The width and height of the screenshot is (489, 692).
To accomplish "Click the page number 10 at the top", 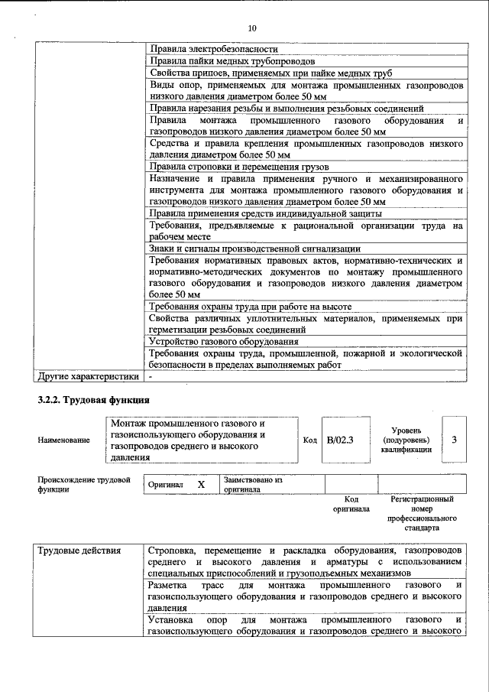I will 252,28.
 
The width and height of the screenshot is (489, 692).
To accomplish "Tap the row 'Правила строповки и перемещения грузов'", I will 239,166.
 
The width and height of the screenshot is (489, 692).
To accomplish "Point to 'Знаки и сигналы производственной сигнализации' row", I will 255,248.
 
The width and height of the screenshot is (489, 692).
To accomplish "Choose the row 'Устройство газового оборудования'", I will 224,341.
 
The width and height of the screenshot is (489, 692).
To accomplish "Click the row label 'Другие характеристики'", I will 89,376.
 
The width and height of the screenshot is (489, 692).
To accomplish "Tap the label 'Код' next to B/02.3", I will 309,440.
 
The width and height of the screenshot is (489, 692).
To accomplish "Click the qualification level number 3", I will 454,440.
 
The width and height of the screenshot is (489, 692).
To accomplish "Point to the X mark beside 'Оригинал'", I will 202,485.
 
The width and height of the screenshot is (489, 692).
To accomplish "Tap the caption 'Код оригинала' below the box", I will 351,503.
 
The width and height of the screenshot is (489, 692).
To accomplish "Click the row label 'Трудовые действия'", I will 79,551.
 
